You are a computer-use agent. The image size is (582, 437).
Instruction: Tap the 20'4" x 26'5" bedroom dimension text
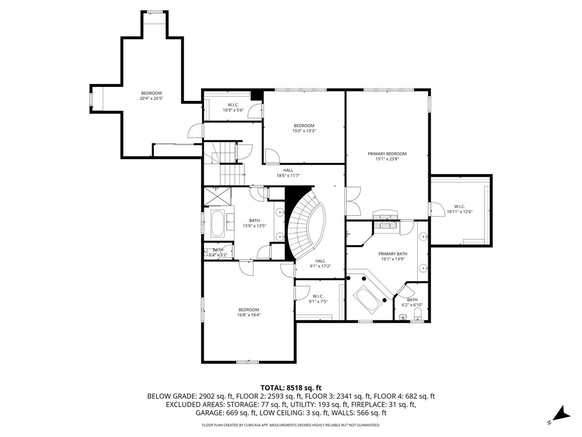tap(151, 98)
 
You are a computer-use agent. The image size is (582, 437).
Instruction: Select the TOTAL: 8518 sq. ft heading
tap(291, 387)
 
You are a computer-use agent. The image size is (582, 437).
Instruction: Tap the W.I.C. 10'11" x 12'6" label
tap(460, 208)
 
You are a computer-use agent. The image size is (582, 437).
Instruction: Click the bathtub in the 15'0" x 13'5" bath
tap(217, 225)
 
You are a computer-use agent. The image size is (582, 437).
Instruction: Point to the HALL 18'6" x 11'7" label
tap(288, 173)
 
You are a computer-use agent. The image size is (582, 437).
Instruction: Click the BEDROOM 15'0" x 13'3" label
tap(304, 128)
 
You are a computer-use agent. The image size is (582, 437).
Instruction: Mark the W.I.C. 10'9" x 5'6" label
tap(232, 107)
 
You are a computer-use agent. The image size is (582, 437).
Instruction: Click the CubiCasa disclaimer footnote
tap(291, 425)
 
